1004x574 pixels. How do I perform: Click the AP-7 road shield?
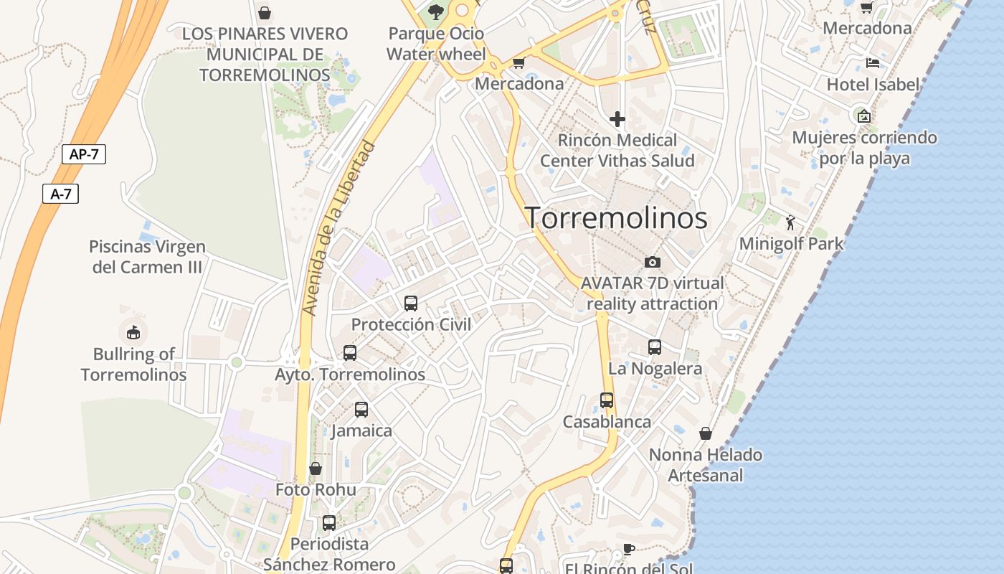coord(84,154)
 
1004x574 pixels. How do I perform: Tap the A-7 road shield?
coord(60,194)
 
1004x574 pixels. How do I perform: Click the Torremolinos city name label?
coord(617,217)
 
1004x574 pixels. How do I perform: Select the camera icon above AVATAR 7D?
coord(652,262)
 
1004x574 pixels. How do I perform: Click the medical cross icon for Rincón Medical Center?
coord(617,118)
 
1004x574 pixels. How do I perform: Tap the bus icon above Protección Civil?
coord(411,303)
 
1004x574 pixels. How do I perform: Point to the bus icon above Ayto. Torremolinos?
coord(350,352)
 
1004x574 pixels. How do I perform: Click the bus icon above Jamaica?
coord(361,409)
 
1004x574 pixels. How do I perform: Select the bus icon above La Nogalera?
coord(655,347)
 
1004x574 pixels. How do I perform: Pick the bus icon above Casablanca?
coord(607,400)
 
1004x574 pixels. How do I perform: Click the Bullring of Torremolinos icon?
coord(133,332)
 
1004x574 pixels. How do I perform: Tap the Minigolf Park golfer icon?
coord(790,222)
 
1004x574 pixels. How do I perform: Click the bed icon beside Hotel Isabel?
coord(873,63)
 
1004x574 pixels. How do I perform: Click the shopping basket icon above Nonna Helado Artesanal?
coord(706,433)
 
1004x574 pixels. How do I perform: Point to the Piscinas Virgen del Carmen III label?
coord(147,257)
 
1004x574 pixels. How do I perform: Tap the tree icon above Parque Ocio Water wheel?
coord(435,12)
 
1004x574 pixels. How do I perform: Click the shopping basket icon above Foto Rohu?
coord(316,469)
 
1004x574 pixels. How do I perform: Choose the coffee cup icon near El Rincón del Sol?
coord(629,549)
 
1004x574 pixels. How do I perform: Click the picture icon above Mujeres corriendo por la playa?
coord(864,116)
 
